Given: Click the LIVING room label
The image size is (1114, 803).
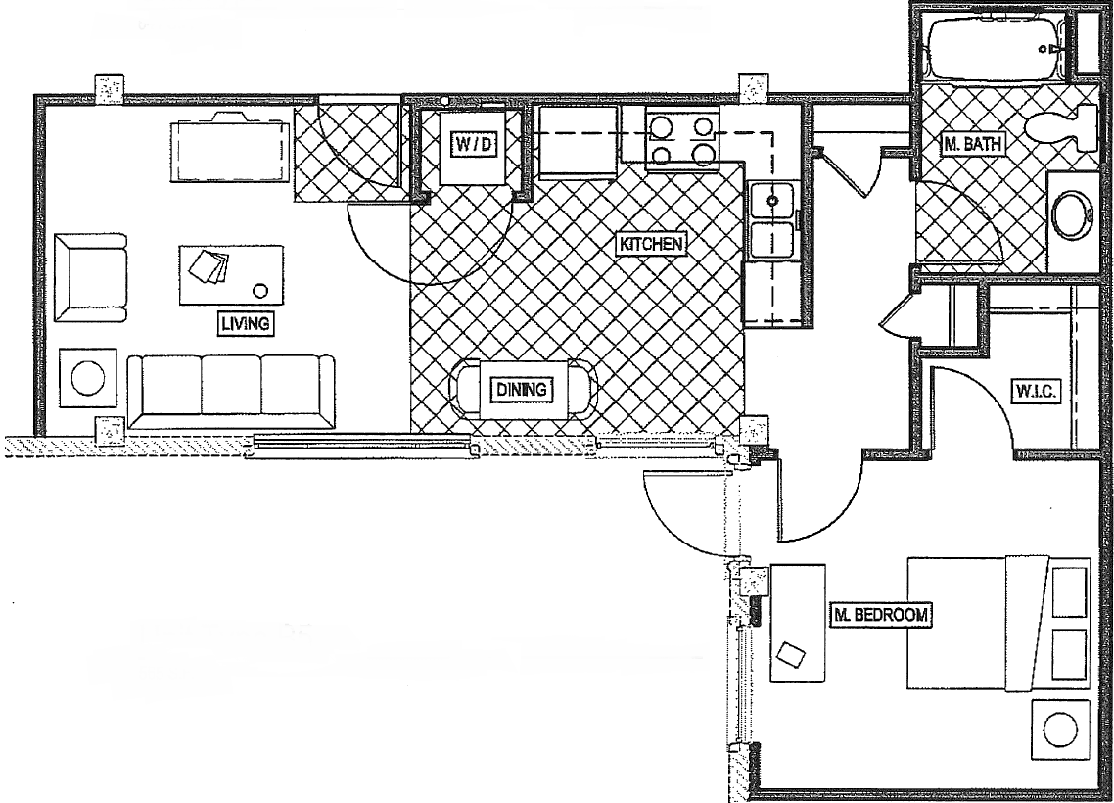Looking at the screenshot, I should (x=245, y=324).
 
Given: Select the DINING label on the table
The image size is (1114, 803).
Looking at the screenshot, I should (x=521, y=390).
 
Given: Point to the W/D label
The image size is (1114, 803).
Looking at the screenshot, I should (x=474, y=145).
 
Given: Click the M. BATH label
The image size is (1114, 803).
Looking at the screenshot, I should (x=973, y=145).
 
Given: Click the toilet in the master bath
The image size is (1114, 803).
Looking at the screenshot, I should (x=1063, y=128).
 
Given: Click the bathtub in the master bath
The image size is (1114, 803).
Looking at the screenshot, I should (x=995, y=45).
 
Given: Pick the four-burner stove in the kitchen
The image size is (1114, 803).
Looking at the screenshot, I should (x=682, y=139).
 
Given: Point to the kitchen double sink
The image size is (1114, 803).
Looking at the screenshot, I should (x=773, y=221).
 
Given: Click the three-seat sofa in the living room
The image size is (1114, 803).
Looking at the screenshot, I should (x=231, y=391).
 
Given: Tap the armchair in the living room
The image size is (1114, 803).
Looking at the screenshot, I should (x=91, y=278).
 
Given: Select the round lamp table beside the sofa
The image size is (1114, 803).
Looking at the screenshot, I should (x=89, y=377).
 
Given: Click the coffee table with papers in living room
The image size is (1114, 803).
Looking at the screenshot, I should (x=231, y=274).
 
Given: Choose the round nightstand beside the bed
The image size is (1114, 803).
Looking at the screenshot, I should (x=1061, y=730).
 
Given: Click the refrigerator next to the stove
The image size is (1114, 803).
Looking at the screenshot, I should (x=577, y=143).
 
